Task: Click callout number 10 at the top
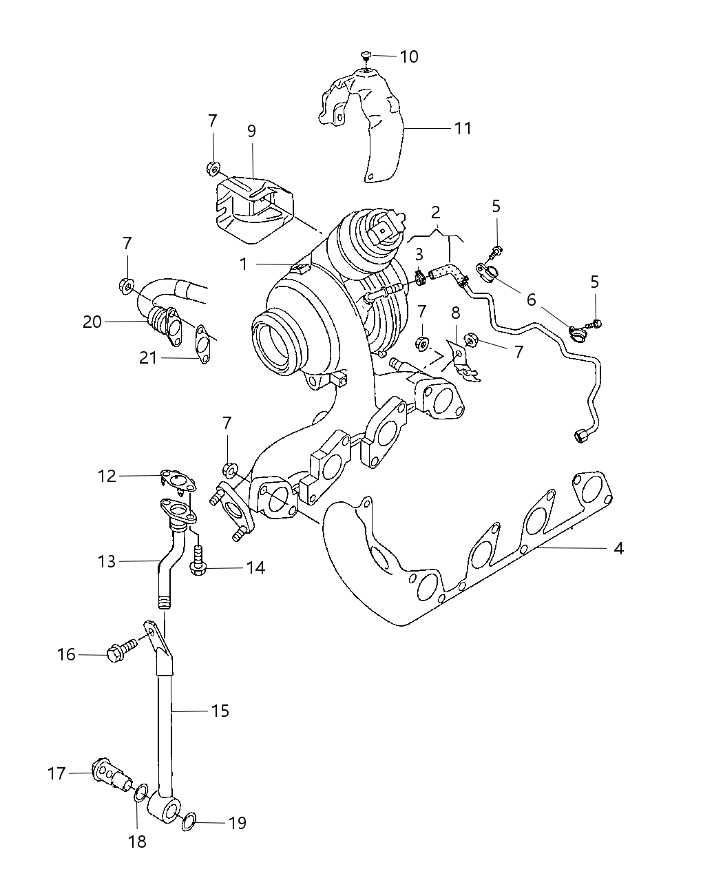point(408,56)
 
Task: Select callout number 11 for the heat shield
point(462,128)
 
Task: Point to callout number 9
point(251,131)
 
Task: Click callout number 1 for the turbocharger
point(243,264)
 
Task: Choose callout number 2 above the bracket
point(436,212)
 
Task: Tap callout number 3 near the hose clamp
point(419,255)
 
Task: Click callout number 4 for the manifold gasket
point(618,548)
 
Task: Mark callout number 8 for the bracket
point(454,313)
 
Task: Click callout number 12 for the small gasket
point(107,476)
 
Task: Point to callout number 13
point(107,561)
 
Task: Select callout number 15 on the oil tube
point(220,710)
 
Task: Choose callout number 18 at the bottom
point(138,842)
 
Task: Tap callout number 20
point(92,322)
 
